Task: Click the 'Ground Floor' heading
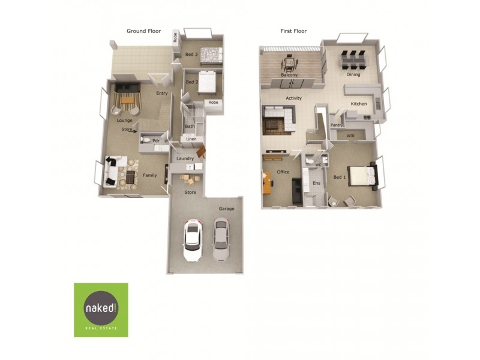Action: (x=143, y=31)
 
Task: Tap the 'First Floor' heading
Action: (x=293, y=31)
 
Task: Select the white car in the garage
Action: (x=193, y=241)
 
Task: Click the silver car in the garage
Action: (x=220, y=239)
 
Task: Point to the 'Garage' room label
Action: (x=226, y=209)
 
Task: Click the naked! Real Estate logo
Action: (x=101, y=310)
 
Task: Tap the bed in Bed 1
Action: (x=363, y=176)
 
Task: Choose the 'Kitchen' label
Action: (x=359, y=104)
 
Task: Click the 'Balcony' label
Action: (x=289, y=75)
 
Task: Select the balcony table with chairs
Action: (x=289, y=64)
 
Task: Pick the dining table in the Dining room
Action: (x=353, y=61)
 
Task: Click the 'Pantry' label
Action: (x=337, y=125)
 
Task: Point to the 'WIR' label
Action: (x=350, y=136)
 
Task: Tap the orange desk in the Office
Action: (x=266, y=183)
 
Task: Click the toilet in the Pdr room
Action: (x=145, y=140)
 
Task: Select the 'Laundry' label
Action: (x=185, y=158)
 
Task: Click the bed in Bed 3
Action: (x=211, y=56)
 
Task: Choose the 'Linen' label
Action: (x=191, y=139)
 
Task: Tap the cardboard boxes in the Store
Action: (x=190, y=179)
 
